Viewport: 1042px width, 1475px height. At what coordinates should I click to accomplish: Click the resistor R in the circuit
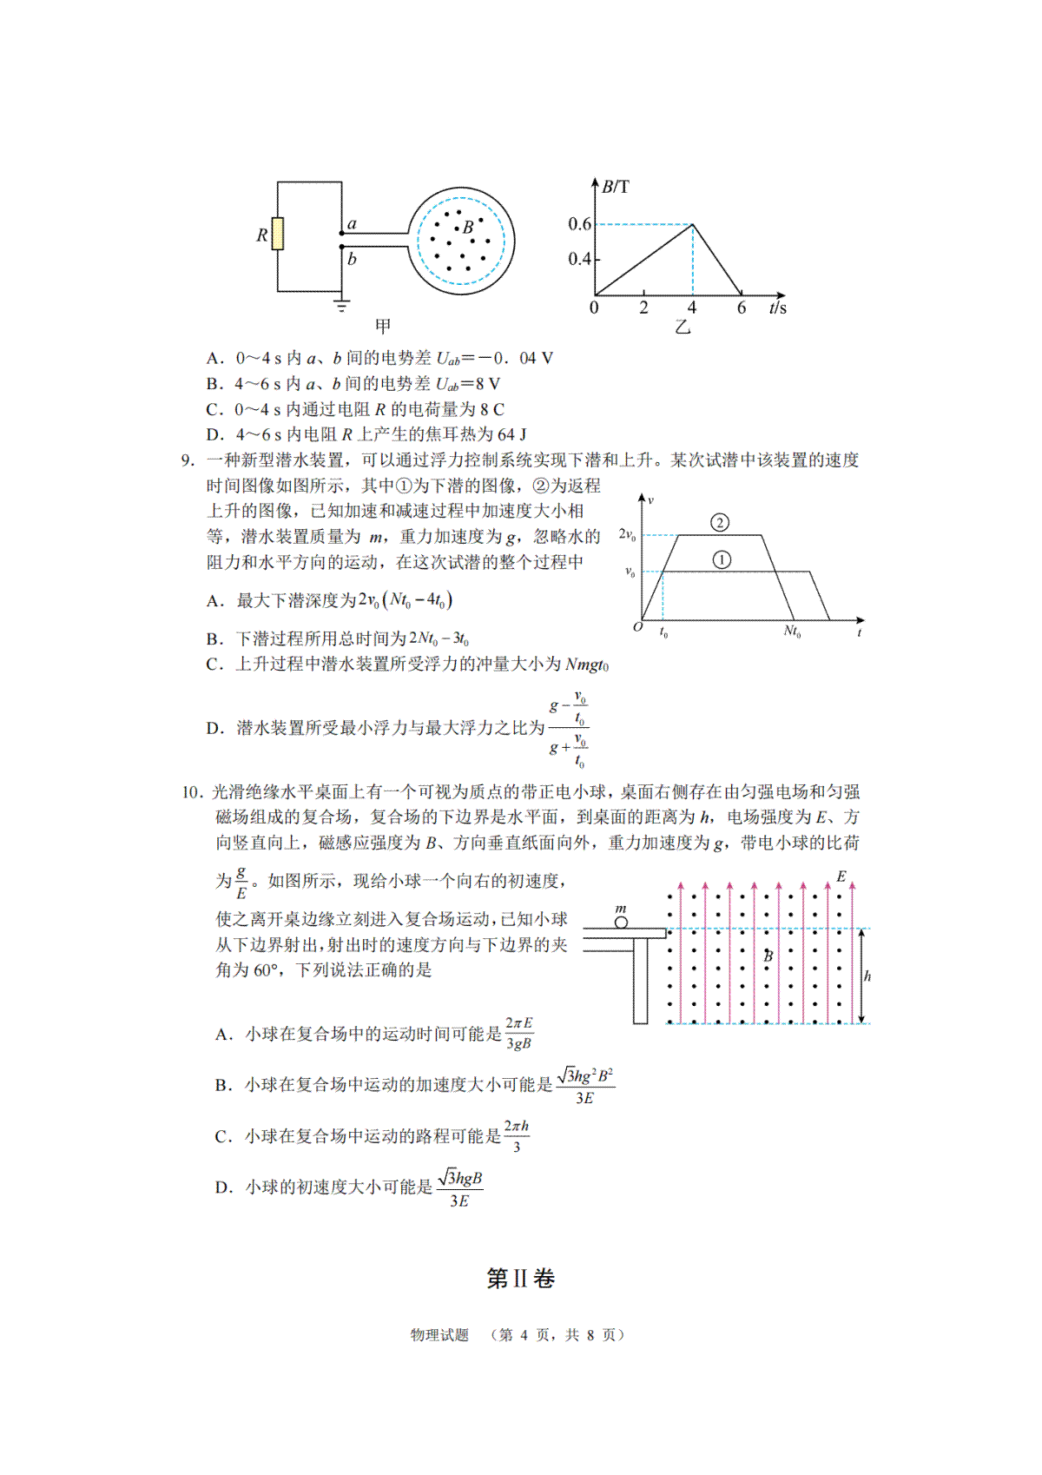click(278, 234)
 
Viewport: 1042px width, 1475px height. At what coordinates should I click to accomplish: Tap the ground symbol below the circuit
click(342, 305)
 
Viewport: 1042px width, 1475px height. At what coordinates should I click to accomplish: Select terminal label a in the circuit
click(352, 224)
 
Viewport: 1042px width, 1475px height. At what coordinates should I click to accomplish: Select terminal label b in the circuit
click(352, 259)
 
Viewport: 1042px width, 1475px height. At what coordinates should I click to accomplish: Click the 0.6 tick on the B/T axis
click(579, 224)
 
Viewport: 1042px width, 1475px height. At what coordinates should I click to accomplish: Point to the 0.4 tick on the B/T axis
click(579, 259)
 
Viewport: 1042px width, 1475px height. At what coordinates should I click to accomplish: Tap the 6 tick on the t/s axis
click(742, 308)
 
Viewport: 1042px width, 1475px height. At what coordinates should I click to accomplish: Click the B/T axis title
click(616, 187)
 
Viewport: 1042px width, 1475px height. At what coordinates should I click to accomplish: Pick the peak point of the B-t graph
click(692, 225)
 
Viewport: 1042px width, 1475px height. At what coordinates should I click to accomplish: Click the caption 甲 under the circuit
click(383, 326)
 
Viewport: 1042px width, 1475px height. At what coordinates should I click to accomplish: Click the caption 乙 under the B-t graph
click(683, 327)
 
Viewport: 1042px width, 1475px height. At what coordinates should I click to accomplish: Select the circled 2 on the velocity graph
click(719, 522)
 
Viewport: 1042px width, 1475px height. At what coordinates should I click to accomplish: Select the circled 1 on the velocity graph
click(722, 560)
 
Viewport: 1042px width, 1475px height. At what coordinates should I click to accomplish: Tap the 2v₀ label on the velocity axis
click(627, 534)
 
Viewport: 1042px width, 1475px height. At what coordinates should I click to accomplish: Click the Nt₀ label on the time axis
click(792, 632)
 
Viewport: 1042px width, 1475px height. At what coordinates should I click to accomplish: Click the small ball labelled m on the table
click(621, 922)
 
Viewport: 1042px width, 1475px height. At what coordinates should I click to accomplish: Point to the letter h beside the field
click(867, 976)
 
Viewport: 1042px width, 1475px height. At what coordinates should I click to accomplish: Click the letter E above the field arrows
click(841, 876)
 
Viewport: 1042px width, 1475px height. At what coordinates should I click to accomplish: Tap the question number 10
click(192, 791)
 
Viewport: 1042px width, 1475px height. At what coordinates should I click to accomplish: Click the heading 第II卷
click(520, 1279)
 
